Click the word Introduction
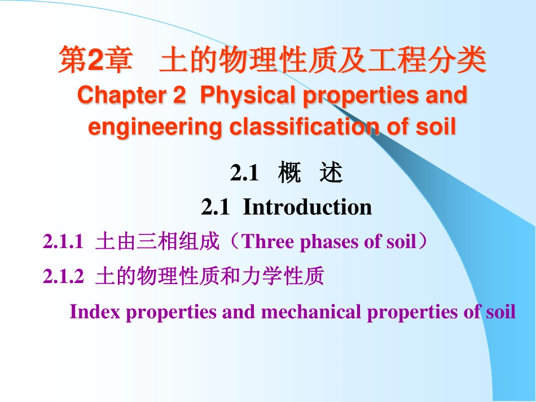[x=307, y=207]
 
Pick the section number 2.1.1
[x=63, y=242]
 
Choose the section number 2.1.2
[x=63, y=277]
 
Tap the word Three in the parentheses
[x=268, y=242]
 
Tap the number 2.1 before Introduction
[x=215, y=207]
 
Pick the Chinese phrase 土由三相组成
[x=156, y=242]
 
